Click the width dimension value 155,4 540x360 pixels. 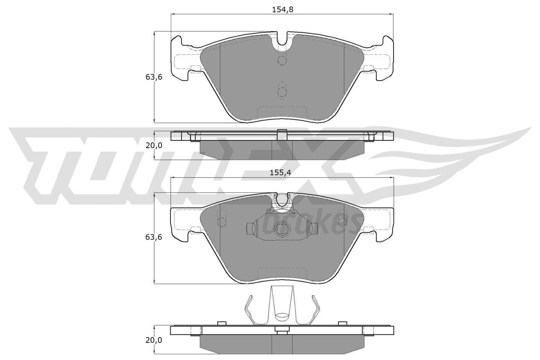click(x=280, y=172)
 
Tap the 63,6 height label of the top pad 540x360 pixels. click(x=154, y=77)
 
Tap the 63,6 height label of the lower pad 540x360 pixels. click(x=154, y=237)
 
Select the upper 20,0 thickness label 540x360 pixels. click(x=154, y=145)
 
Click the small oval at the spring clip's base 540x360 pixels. click(x=282, y=316)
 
